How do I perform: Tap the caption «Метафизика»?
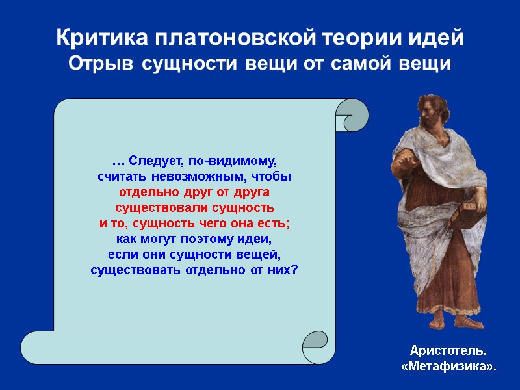[x=448, y=367]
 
